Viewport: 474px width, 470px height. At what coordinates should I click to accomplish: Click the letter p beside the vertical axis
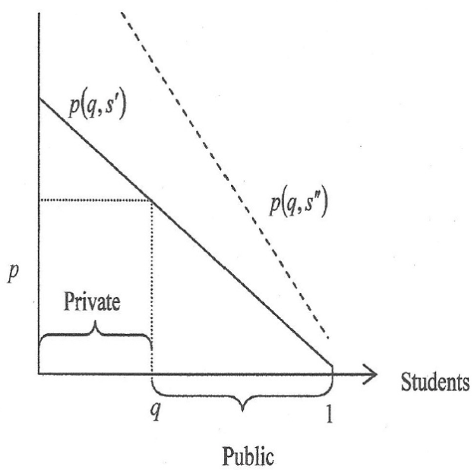[13, 273]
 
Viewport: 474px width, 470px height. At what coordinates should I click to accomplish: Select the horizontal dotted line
[95, 200]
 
